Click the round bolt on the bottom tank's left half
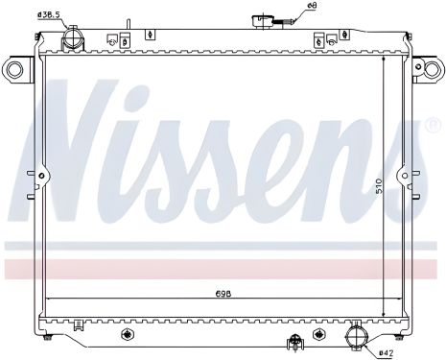point(126,335)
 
